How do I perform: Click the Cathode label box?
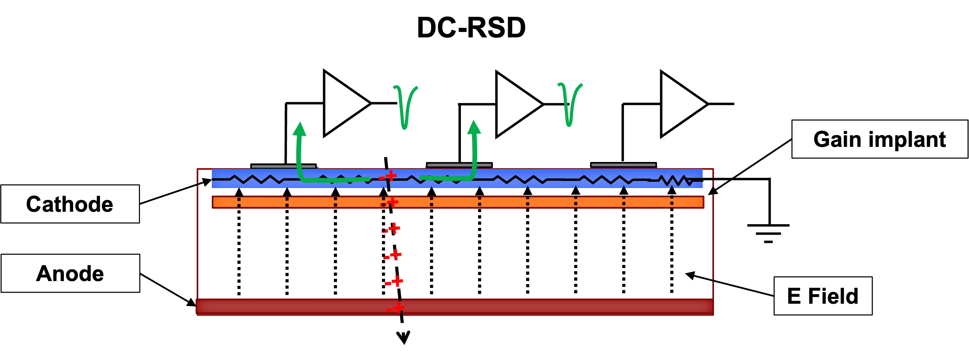70,204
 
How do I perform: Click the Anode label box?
70,273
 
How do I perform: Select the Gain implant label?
879,139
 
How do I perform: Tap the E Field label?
823,296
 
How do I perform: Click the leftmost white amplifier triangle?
342,103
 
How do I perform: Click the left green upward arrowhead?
300,129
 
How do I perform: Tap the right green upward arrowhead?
474,127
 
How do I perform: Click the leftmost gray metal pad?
283,166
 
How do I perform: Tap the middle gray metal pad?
459,165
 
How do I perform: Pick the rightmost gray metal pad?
623,165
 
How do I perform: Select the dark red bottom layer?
527,306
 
